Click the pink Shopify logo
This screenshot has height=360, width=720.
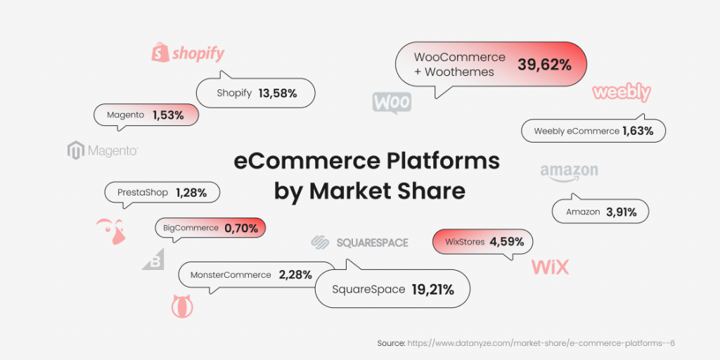188,53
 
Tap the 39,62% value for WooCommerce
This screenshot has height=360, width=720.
545,65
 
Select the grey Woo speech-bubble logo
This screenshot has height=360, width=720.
392,103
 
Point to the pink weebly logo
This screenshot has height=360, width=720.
622,93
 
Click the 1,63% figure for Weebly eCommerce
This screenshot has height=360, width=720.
638,131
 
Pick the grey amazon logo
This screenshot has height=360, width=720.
569,173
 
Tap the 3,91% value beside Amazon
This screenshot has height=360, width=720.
622,212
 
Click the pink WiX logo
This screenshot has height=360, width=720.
550,266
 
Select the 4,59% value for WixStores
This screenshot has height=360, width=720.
507,241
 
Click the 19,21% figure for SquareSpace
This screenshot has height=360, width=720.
433,290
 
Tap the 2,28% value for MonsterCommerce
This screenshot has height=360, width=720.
295,275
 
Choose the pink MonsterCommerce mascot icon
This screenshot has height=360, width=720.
182,306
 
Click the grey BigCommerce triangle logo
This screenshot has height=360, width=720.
153,259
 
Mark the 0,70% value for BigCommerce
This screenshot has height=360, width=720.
242,228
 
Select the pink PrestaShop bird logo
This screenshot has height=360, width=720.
111,231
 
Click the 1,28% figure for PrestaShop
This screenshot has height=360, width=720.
191,193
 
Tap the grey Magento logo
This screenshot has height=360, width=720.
103,150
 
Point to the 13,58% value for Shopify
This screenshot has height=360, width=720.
278,94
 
